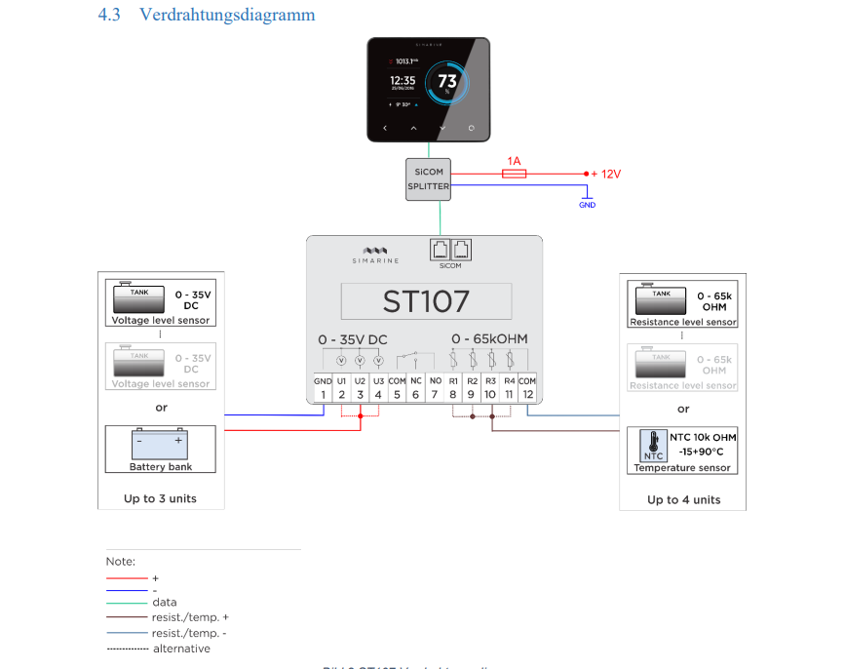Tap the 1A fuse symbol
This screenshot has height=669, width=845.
pos(514,174)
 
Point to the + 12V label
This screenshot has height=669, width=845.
pos(605,174)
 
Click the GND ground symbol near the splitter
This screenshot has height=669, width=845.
pos(586,201)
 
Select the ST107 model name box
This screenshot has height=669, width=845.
pos(425,300)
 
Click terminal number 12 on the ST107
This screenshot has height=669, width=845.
pos(527,394)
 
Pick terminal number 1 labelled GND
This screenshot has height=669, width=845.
pos(323,394)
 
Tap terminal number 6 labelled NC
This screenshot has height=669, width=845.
pos(415,394)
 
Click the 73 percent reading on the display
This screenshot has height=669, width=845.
pos(446,82)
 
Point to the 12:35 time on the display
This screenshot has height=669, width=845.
pos(403,81)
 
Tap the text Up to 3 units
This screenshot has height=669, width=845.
pos(161,498)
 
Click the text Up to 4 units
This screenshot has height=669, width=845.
pos(683,499)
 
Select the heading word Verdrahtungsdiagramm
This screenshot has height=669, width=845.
pos(227,15)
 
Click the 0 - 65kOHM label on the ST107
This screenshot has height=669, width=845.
pos(489,338)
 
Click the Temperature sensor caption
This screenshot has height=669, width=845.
pos(682,468)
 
